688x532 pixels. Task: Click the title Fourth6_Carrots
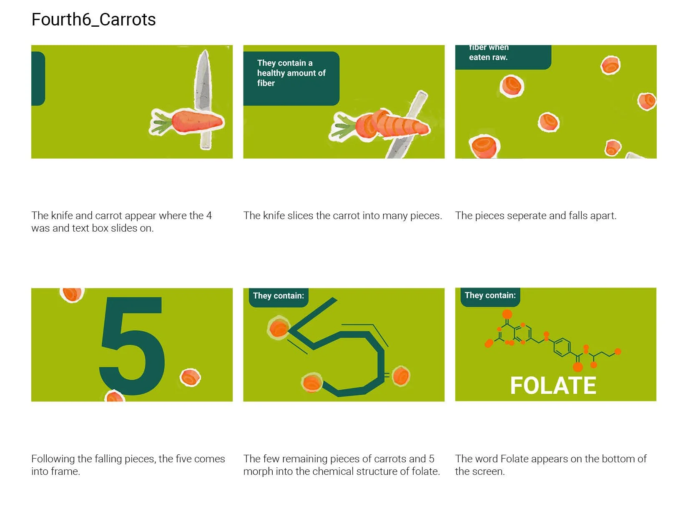(x=93, y=20)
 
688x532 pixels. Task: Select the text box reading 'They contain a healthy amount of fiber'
(x=291, y=78)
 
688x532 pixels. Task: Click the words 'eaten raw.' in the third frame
(x=488, y=57)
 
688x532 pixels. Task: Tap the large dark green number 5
(x=131, y=345)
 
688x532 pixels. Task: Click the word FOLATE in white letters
(x=553, y=386)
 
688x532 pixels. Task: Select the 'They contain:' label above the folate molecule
(x=490, y=295)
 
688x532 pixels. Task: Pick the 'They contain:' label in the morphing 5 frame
(x=278, y=296)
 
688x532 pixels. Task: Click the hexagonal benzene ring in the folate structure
(x=562, y=347)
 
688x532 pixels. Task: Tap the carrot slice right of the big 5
(x=190, y=377)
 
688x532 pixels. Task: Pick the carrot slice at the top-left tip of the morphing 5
(x=279, y=328)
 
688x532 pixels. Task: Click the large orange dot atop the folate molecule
(x=507, y=314)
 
